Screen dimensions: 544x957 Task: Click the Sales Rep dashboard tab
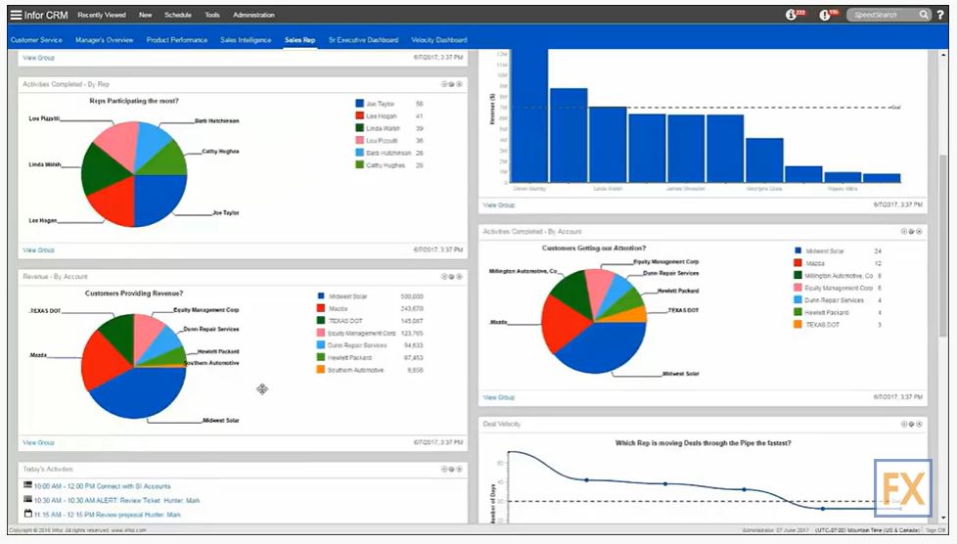(299, 40)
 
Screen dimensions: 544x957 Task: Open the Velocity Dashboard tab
(438, 40)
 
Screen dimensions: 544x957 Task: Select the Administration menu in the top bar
(253, 15)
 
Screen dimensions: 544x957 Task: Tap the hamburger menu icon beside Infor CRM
(15, 15)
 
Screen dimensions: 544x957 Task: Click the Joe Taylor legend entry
(380, 103)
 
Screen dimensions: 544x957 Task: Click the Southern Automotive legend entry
(355, 371)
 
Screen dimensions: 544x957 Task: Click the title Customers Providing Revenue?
(134, 293)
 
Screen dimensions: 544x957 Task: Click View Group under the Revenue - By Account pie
(38, 443)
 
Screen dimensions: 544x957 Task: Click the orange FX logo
(902, 487)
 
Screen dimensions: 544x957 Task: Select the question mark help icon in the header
(940, 15)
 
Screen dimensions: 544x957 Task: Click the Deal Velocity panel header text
(502, 424)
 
